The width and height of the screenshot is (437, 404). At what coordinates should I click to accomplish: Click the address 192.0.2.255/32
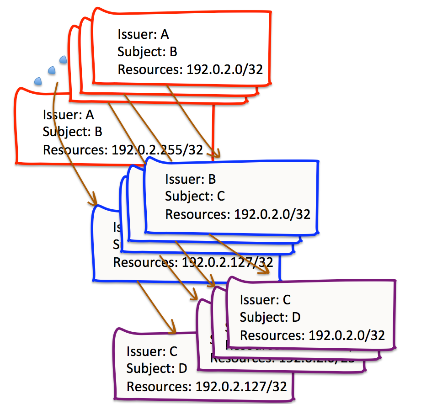pos(157,150)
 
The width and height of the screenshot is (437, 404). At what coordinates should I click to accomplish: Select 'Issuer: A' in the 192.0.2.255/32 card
pos(68,115)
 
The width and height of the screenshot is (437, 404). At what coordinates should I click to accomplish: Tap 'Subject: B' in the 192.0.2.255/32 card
pos(72,132)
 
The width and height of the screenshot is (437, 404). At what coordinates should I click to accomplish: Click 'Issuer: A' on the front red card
pos(143,34)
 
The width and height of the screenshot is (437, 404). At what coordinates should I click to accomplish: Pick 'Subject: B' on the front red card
pos(147,52)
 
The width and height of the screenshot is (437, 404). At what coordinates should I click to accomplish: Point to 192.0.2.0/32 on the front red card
pos(224,69)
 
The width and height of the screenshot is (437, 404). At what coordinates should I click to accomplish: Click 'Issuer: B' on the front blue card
pos(191,179)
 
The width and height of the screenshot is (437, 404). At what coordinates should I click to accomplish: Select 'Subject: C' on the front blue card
pos(195,196)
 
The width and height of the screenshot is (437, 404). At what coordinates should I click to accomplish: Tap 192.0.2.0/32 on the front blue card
pos(272,214)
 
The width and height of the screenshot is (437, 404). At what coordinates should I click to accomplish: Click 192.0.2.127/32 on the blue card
pos(227,262)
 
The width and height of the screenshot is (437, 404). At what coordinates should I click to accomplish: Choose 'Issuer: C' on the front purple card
pos(266,300)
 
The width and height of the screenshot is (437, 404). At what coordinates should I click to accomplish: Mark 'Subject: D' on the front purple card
pos(270,317)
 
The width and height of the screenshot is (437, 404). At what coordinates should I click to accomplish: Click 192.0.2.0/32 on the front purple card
pos(346,335)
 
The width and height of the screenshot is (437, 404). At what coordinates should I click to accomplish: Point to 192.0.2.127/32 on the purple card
pos(241,387)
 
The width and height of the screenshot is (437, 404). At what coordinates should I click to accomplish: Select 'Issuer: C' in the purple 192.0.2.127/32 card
pos(152,351)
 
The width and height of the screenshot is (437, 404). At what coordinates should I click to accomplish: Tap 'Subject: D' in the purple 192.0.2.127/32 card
pos(156,368)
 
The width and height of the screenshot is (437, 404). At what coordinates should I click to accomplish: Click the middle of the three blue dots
pos(52,70)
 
